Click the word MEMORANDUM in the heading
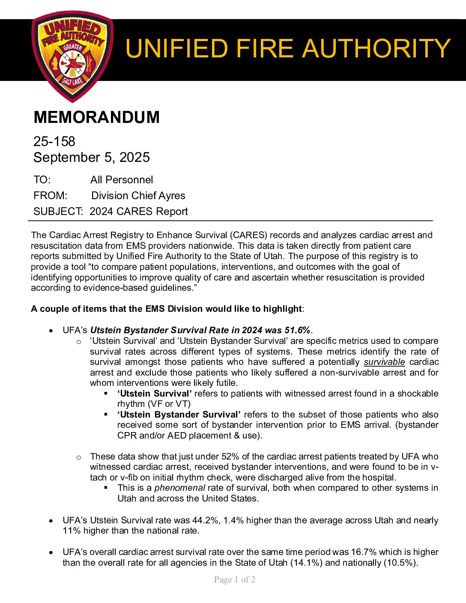(x=96, y=117)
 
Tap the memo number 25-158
(x=54, y=141)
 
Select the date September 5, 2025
(x=92, y=157)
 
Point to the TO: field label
(x=42, y=180)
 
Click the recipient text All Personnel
(x=122, y=180)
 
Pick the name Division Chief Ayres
(x=138, y=196)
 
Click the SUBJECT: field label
(x=58, y=212)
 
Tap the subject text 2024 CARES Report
(x=139, y=212)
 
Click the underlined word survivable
(x=384, y=362)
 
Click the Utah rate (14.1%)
(x=307, y=563)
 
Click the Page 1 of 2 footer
(x=235, y=580)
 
